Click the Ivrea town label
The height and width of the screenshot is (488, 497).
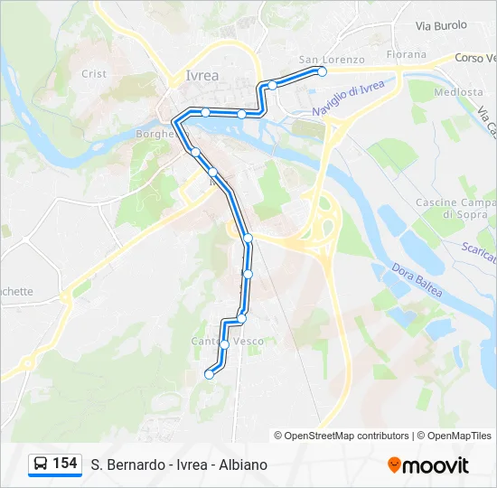(x=202, y=75)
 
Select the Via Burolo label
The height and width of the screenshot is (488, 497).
(x=441, y=26)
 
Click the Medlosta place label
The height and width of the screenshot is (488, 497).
(x=458, y=92)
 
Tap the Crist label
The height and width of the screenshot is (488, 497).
(x=93, y=74)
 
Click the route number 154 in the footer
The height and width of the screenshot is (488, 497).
(x=64, y=464)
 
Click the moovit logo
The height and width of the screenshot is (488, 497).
(x=428, y=465)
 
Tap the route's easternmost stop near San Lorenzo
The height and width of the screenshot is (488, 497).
(x=322, y=71)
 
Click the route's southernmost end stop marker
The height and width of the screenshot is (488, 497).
(x=210, y=374)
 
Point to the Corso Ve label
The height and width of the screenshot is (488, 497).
(x=475, y=58)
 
